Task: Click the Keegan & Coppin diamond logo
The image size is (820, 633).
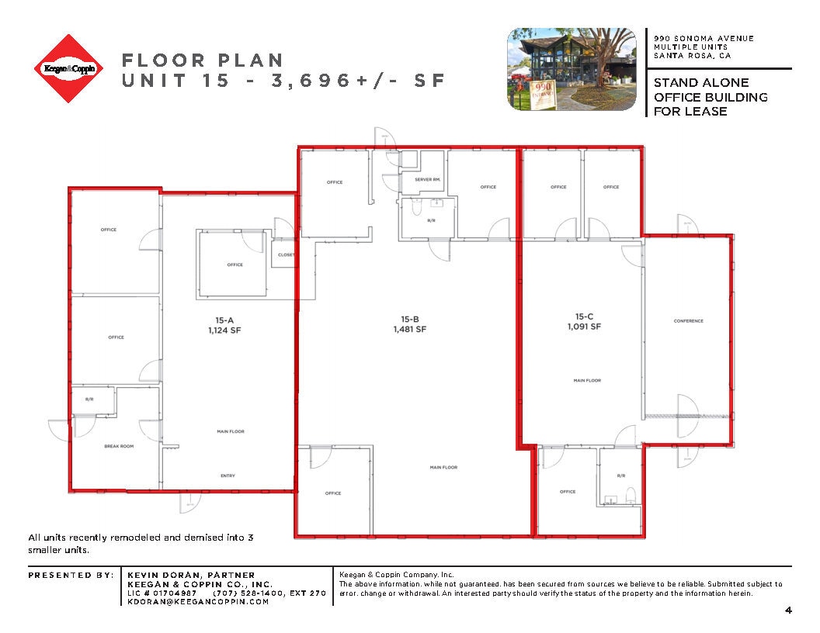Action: [69, 69]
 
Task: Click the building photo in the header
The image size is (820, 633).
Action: [573, 70]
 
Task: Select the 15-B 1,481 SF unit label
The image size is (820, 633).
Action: [410, 323]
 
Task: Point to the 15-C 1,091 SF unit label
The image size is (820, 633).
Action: [583, 321]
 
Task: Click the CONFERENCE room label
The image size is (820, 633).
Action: [688, 321]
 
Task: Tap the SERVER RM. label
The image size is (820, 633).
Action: [428, 179]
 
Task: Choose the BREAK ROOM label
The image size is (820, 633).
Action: [119, 446]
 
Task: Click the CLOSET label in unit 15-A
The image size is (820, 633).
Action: [285, 254]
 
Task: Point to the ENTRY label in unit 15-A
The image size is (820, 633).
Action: [227, 476]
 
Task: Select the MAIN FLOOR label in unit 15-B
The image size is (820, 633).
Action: [443, 467]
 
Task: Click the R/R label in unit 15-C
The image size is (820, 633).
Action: [620, 475]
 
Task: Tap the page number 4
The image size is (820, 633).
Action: [788, 611]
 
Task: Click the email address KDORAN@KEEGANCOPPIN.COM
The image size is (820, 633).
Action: [198, 602]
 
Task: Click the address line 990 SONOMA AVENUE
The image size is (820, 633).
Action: [704, 39]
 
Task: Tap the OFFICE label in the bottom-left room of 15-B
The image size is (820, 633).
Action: [333, 493]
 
